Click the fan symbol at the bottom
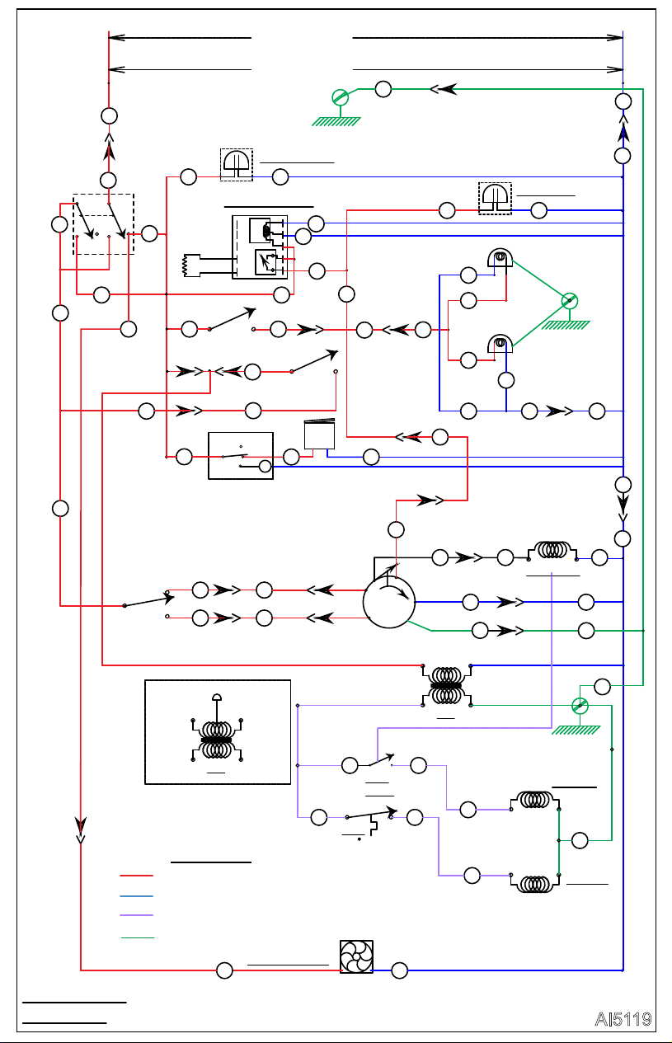(x=356, y=956)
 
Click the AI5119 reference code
(x=623, y=1019)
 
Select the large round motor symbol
(x=389, y=603)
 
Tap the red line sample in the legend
(x=136, y=876)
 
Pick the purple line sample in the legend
(x=136, y=915)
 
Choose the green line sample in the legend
(x=138, y=937)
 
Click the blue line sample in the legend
(x=136, y=896)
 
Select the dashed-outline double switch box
(x=103, y=224)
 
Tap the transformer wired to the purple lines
(x=447, y=685)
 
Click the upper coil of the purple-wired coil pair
(x=534, y=801)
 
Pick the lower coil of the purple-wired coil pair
(x=534, y=883)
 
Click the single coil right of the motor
(x=552, y=551)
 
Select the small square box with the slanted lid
(x=319, y=434)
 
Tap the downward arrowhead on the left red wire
(x=81, y=829)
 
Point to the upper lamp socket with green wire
(x=500, y=257)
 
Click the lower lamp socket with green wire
(x=500, y=343)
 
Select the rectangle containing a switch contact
(x=241, y=456)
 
